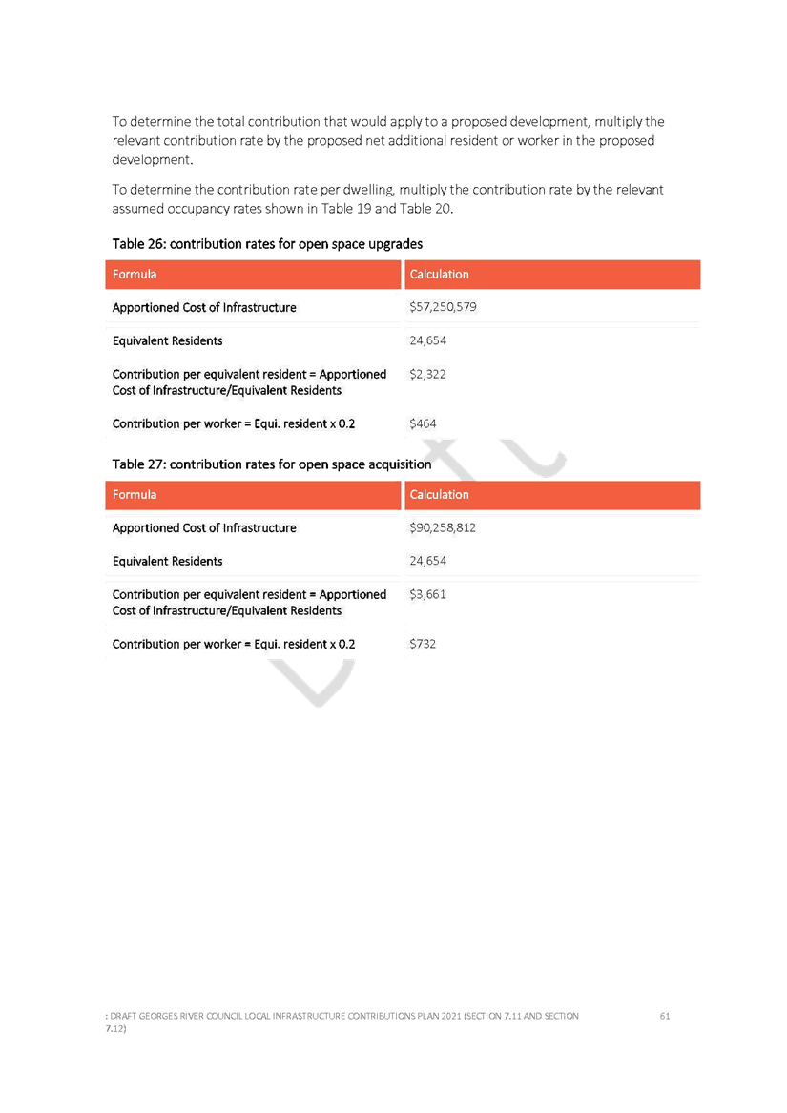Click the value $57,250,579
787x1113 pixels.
pos(443,307)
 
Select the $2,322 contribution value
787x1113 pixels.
pos(427,374)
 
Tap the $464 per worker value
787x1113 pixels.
pos(423,423)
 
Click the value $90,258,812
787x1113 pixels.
pos(443,527)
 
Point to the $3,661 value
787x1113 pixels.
pos(427,594)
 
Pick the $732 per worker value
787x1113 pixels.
pos(423,644)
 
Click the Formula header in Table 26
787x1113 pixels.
pos(135,275)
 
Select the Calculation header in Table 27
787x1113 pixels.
pos(439,495)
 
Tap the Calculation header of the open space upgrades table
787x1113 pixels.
pos(439,275)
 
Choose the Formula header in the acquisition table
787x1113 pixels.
pos(135,495)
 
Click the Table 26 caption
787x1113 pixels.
pos(267,244)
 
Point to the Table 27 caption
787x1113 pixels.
pos(271,464)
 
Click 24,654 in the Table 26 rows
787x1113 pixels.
pos(427,340)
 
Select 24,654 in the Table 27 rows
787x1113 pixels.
pos(427,561)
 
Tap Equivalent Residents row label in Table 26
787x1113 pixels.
pos(167,340)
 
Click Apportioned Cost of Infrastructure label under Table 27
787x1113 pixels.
pos(204,527)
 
